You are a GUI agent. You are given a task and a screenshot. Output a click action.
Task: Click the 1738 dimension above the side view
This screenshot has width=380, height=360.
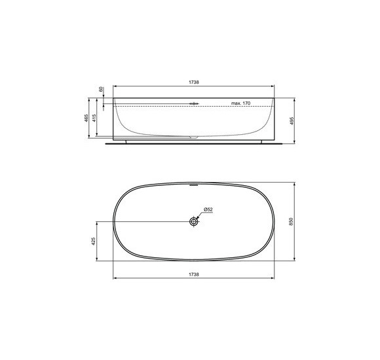(194, 82)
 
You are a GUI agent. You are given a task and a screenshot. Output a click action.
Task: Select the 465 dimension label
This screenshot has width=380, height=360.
(86, 118)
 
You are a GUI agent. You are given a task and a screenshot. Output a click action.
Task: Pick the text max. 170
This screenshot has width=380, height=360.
(241, 103)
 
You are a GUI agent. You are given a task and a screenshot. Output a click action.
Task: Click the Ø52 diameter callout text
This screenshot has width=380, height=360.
(208, 209)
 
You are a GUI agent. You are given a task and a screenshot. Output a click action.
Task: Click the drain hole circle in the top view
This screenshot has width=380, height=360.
(194, 222)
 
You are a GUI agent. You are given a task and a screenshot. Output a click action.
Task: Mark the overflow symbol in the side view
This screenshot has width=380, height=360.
(193, 103)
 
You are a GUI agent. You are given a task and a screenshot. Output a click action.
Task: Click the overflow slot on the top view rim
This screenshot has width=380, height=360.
(193, 184)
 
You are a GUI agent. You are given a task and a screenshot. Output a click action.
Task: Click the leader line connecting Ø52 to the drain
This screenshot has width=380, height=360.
(200, 215)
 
